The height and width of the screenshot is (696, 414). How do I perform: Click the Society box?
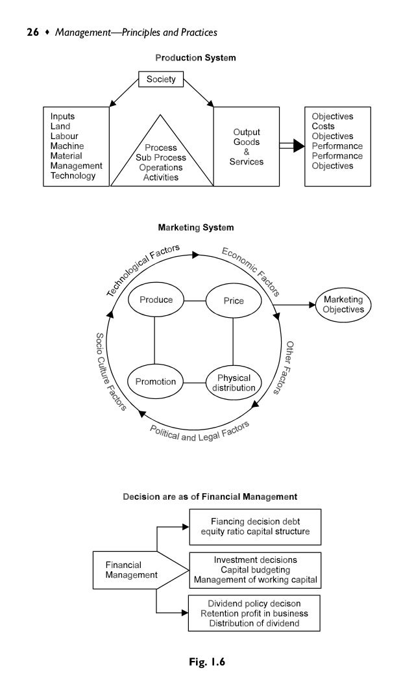pos(162,81)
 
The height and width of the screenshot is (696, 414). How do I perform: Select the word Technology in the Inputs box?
pos(73,175)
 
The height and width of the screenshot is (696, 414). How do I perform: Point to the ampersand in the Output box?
pos(246,151)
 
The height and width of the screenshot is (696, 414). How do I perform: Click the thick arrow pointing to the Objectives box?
pos(291,146)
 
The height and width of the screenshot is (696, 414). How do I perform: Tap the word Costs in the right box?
pos(323,126)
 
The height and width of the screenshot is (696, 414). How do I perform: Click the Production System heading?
pos(195,58)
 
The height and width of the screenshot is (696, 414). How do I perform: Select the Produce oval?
pos(156,300)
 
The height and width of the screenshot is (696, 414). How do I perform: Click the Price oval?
pos(234,301)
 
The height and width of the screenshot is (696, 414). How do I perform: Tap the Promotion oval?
pos(156,381)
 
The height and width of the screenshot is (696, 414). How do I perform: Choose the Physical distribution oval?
pos(234,383)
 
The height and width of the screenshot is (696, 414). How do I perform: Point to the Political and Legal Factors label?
pos(200,432)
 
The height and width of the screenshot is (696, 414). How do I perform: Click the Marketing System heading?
pos(195,227)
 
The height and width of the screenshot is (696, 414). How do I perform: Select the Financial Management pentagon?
pos(133,570)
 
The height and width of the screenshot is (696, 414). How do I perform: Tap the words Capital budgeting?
pos(255,570)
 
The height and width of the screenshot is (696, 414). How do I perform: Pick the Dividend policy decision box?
pos(254,613)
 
